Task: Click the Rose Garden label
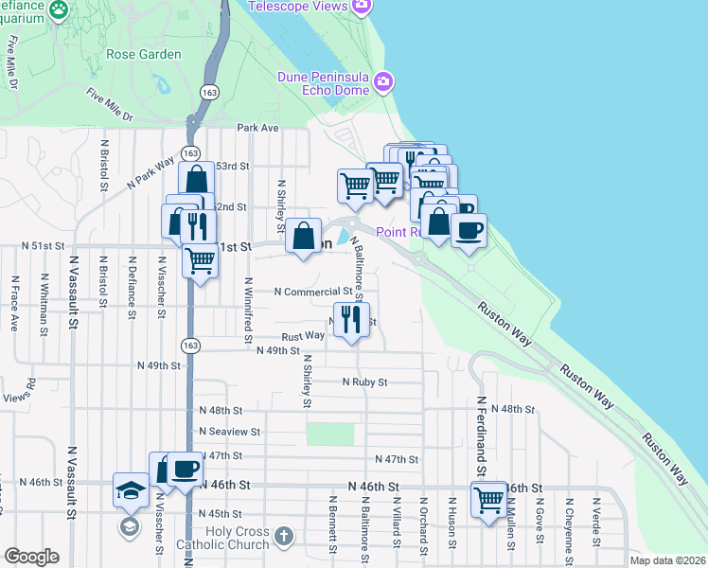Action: pyautogui.click(x=144, y=54)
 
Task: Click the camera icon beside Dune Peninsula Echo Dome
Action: pyautogui.click(x=382, y=81)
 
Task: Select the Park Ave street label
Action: pyautogui.click(x=258, y=128)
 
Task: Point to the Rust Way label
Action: pyautogui.click(x=303, y=336)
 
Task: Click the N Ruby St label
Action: pyautogui.click(x=364, y=382)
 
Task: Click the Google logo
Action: pyautogui.click(x=31, y=556)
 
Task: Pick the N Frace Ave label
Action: pyautogui.click(x=14, y=304)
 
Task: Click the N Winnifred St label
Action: pyautogui.click(x=249, y=309)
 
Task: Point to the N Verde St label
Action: pyautogui.click(x=597, y=524)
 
